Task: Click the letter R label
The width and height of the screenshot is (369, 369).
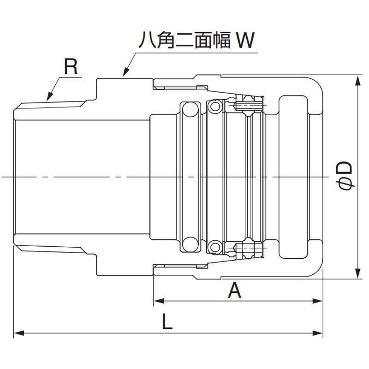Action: coord(70,67)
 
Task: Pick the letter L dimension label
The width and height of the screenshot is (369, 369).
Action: coord(167,321)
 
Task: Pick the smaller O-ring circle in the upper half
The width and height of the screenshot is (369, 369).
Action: coord(214,107)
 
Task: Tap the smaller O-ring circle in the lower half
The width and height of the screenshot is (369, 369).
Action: coord(214,247)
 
